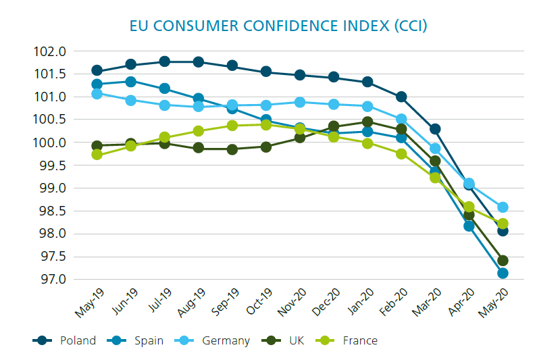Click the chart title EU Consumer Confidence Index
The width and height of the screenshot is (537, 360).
tap(278, 26)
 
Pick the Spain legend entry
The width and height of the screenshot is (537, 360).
tap(143, 340)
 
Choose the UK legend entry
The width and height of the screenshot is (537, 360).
tap(296, 340)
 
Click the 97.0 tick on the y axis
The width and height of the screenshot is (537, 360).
tap(50, 280)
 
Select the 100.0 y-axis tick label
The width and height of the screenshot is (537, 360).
tap(50, 143)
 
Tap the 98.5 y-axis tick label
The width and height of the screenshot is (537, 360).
tap(50, 211)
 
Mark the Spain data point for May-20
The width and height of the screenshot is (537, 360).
tap(503, 273)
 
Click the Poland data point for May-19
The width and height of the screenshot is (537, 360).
tap(97, 70)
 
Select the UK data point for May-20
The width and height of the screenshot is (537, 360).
tap(503, 261)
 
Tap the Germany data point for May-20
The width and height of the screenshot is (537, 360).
tap(503, 207)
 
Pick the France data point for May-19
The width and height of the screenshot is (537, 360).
tap(97, 155)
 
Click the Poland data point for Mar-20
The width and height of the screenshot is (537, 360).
tap(435, 129)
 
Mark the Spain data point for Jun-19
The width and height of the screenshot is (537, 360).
tap(131, 82)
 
